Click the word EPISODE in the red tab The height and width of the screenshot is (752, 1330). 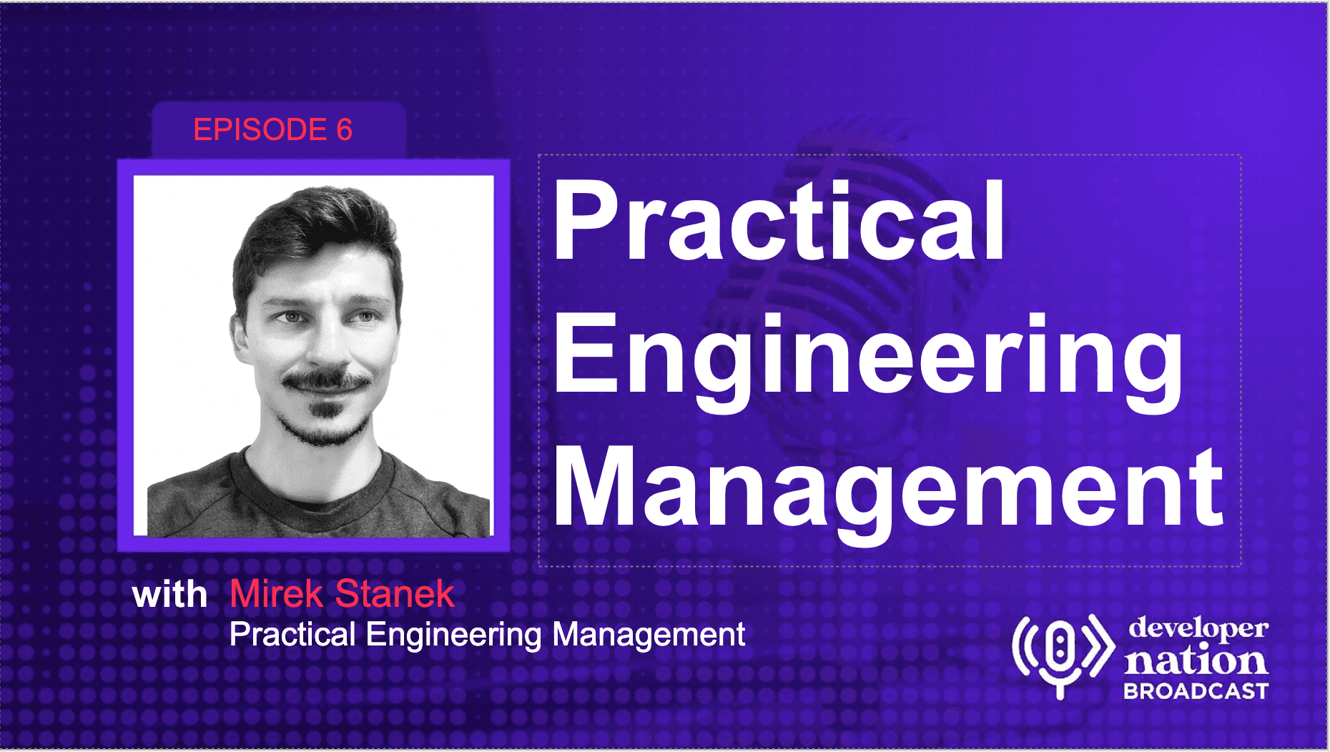pyautogui.click(x=260, y=130)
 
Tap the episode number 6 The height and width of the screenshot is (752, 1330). pyautogui.click(x=345, y=130)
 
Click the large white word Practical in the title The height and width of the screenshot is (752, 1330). pyautogui.click(x=779, y=222)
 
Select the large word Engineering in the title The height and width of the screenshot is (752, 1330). pyautogui.click(x=868, y=361)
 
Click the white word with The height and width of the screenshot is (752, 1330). pyautogui.click(x=170, y=595)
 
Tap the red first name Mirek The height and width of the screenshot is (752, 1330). pyautogui.click(x=276, y=593)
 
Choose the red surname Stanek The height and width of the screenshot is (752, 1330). pyautogui.click(x=395, y=593)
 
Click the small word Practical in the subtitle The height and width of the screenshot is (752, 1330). pyautogui.click(x=292, y=635)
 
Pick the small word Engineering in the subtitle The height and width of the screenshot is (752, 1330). pyautogui.click(x=454, y=636)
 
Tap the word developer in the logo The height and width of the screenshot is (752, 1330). pyautogui.click(x=1198, y=629)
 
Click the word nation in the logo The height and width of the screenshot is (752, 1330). pyautogui.click(x=1196, y=661)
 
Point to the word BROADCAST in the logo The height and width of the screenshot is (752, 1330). pyautogui.click(x=1196, y=691)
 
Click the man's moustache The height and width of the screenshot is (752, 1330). pyautogui.click(x=326, y=380)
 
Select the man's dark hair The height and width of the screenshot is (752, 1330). pyautogui.click(x=315, y=229)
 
